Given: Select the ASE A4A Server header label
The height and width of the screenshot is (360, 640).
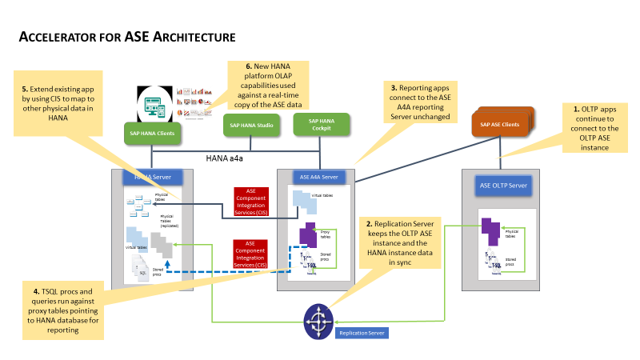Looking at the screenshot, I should (x=319, y=177).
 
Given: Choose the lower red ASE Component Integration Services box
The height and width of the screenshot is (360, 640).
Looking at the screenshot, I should (x=250, y=254).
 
